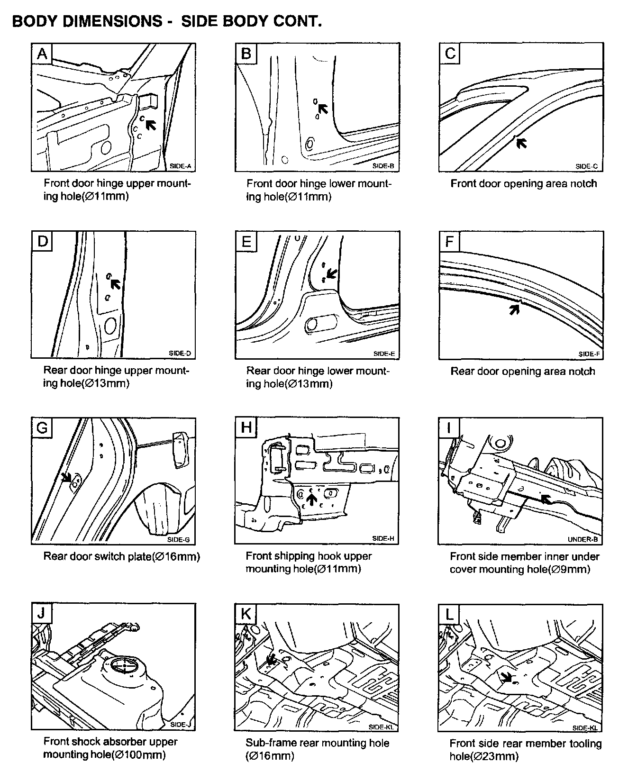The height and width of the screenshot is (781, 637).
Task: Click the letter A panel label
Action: click(42, 54)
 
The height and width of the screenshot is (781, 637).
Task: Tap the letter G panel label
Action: click(42, 428)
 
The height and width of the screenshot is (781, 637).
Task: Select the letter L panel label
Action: click(449, 615)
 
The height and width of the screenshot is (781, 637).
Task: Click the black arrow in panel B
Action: click(323, 109)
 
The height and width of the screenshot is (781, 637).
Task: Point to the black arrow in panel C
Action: click(521, 143)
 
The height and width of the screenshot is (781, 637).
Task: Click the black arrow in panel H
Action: click(311, 499)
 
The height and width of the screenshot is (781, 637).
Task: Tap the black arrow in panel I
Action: click(546, 499)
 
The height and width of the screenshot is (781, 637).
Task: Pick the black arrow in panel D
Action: click(115, 283)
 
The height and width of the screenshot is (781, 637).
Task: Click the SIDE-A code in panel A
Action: click(180, 166)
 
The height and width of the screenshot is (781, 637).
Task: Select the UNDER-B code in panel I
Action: click(582, 539)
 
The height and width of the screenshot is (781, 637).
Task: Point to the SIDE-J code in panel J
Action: click(180, 725)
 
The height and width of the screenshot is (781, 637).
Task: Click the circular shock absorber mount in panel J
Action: click(125, 666)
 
